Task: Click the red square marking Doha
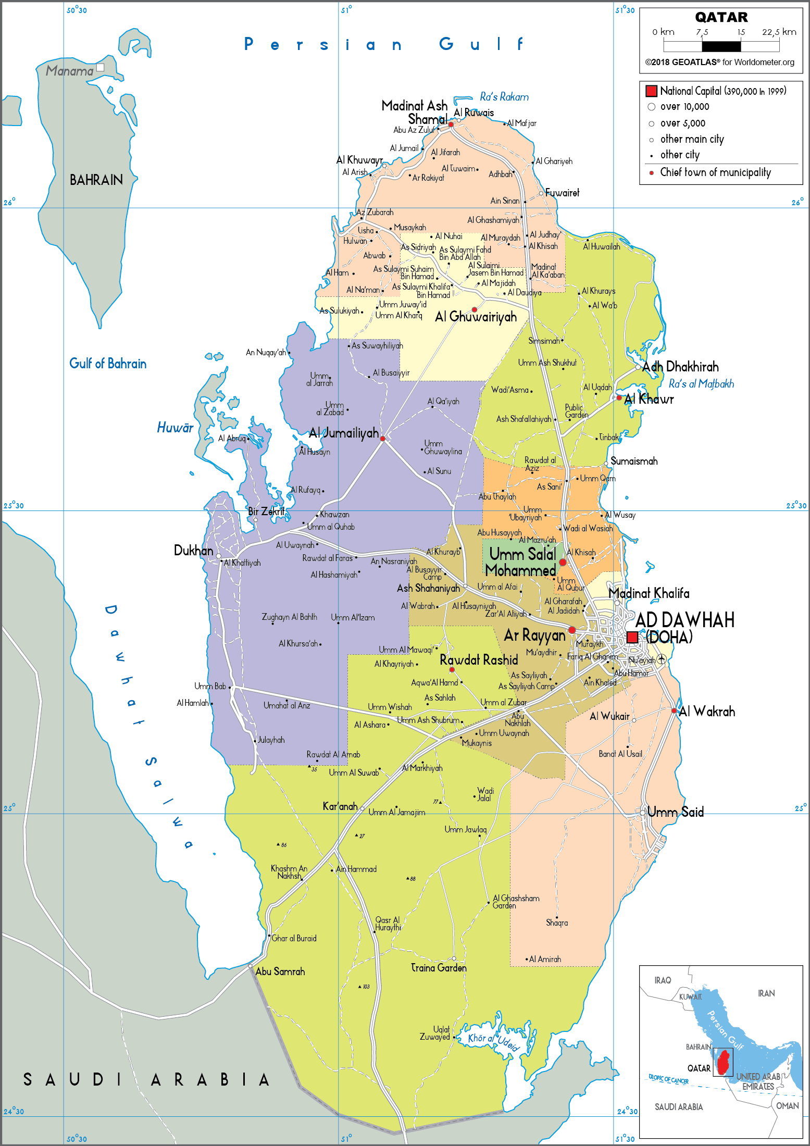[x=632, y=637]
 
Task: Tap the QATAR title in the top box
[x=721, y=17]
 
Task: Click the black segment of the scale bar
[x=721, y=46]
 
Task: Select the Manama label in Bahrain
[x=69, y=71]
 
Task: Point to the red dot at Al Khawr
[x=619, y=397]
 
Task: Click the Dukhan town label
[x=193, y=551]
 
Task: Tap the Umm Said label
[x=676, y=812]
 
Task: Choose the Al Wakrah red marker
[x=674, y=711]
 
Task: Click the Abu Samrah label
[x=280, y=971]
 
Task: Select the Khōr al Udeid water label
[x=493, y=1040]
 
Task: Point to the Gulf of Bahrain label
[x=108, y=364]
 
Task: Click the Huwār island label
[x=175, y=428]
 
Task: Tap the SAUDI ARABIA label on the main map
[x=146, y=1079]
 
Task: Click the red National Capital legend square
[x=651, y=91]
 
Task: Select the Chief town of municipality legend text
[x=715, y=172]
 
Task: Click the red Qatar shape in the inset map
[x=723, y=1063]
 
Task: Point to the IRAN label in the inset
[x=766, y=993]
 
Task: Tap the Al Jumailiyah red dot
[x=382, y=439]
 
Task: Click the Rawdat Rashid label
[x=479, y=660]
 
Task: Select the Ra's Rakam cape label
[x=504, y=97]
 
